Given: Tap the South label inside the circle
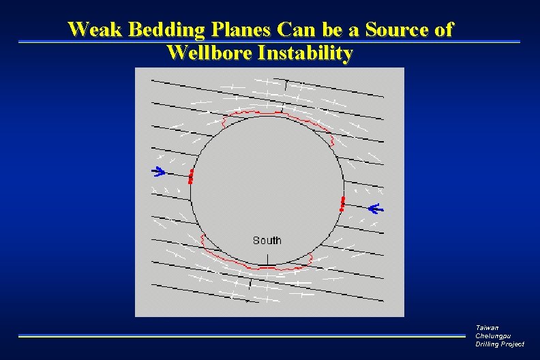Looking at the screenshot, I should [x=267, y=240].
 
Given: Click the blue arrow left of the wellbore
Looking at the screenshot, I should [x=158, y=171].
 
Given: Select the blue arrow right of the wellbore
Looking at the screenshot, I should [x=376, y=208].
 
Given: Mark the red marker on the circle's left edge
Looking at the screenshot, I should [x=191, y=177].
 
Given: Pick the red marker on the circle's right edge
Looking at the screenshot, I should [x=342, y=203].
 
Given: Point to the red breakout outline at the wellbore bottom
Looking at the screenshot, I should [x=259, y=267].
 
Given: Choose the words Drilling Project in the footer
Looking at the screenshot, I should [x=500, y=344].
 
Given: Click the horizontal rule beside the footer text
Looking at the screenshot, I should [x=245, y=335].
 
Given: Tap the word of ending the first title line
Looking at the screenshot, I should [x=444, y=30].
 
